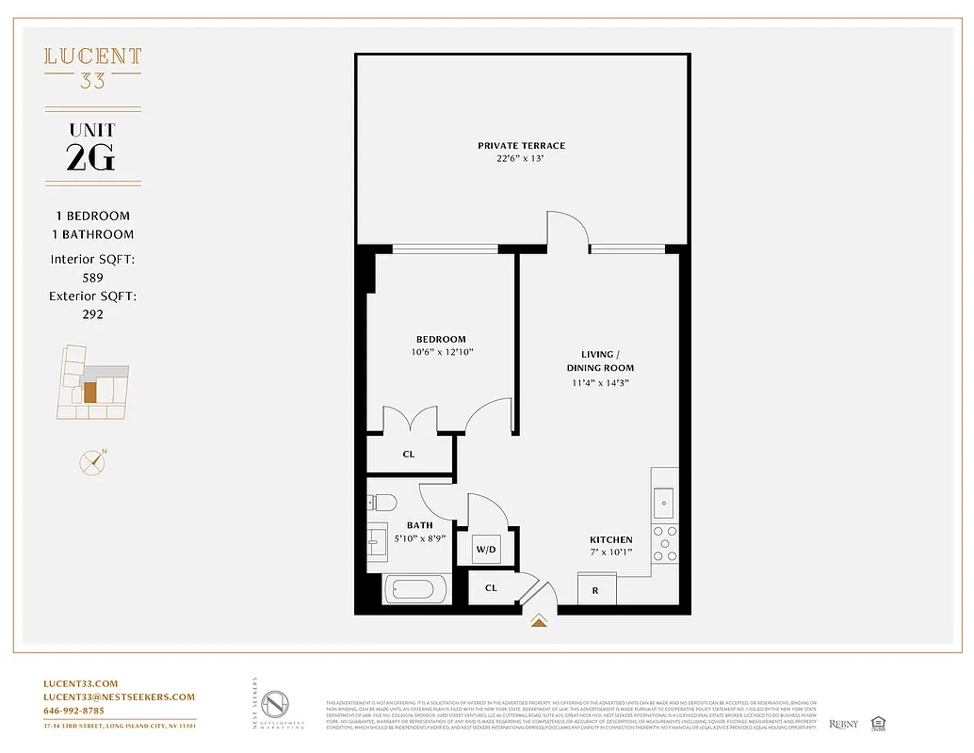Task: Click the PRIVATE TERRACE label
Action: (521, 146)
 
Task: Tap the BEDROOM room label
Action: (441, 340)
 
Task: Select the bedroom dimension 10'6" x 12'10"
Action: (441, 353)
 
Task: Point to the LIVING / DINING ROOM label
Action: (600, 360)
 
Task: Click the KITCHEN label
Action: (611, 540)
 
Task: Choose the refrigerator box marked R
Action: (595, 590)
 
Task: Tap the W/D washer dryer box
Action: (486, 549)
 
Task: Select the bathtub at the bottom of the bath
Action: (410, 590)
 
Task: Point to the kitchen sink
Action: (664, 503)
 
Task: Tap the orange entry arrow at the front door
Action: (538, 620)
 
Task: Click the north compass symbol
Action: (93, 462)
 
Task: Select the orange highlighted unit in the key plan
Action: (90, 393)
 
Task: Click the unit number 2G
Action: (91, 158)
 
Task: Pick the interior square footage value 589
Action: (92, 278)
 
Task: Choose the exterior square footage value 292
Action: (92, 314)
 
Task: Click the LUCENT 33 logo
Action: (92, 67)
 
